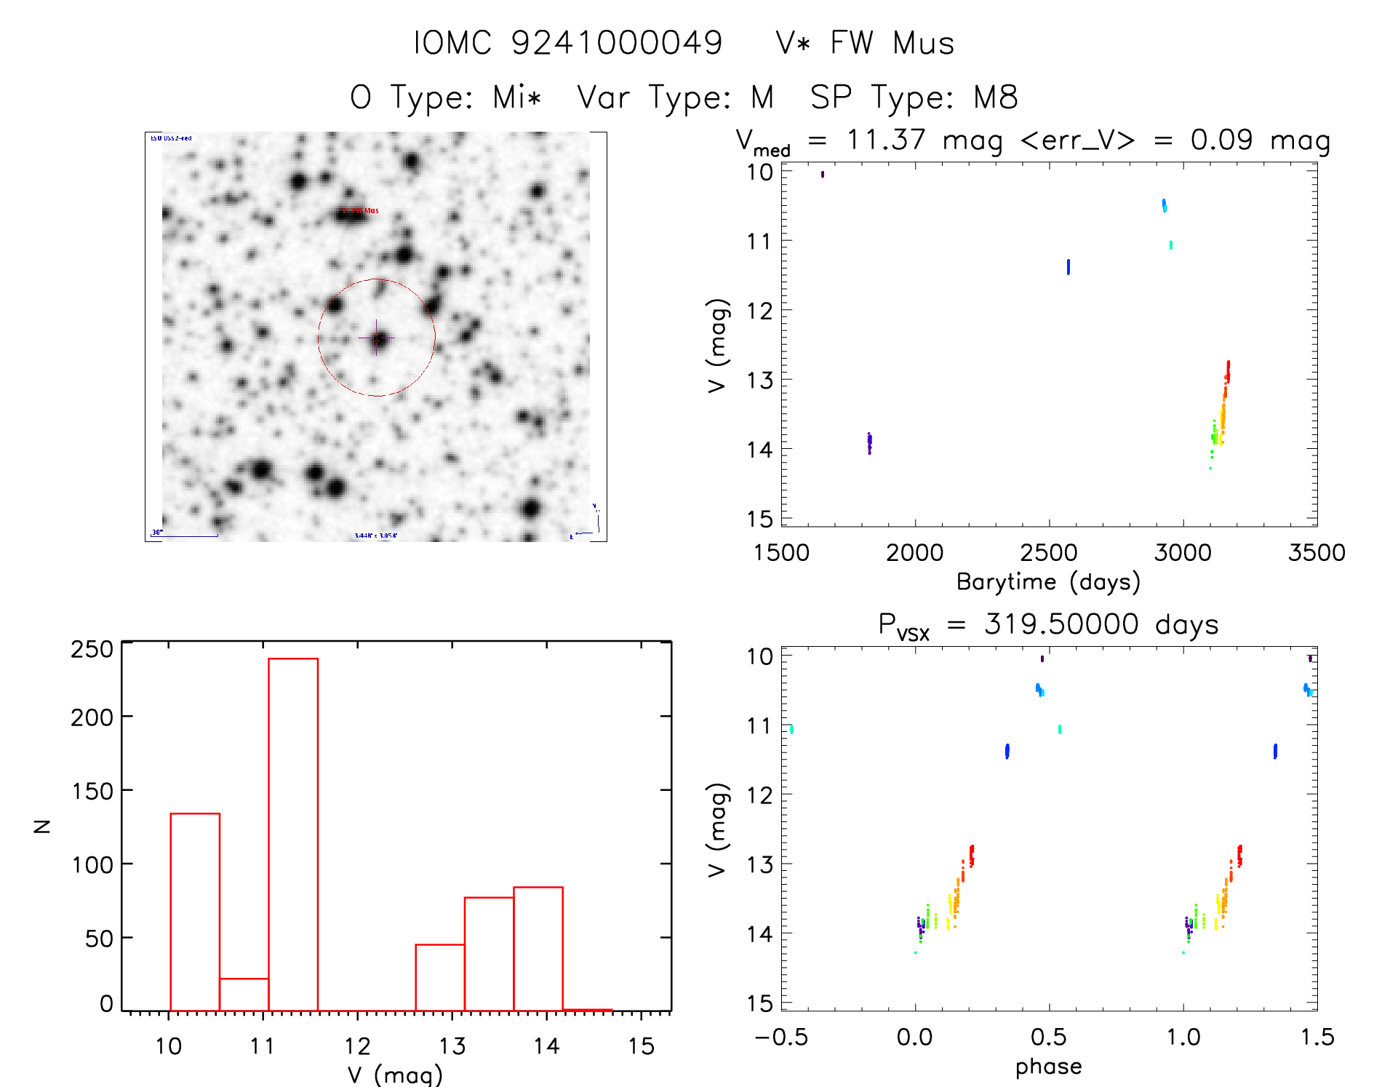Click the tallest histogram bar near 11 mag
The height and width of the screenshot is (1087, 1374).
pyautogui.click(x=293, y=835)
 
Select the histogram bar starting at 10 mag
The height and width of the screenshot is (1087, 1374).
pyautogui.click(x=195, y=912)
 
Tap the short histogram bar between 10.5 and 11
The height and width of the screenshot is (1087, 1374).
pyautogui.click(x=244, y=994)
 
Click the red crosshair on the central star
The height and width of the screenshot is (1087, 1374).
pyautogui.click(x=376, y=338)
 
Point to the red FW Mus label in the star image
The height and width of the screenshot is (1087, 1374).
pyautogui.click(x=362, y=211)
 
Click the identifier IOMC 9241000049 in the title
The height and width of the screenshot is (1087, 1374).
pyautogui.click(x=568, y=43)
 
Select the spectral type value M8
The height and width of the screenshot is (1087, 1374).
pyautogui.click(x=996, y=97)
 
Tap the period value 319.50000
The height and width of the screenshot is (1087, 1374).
pyautogui.click(x=1061, y=624)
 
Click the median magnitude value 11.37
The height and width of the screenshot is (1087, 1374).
pyautogui.click(x=886, y=140)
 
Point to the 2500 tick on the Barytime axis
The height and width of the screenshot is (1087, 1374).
pyautogui.click(x=1049, y=553)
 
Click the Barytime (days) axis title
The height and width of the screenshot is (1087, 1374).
pyautogui.click(x=1048, y=582)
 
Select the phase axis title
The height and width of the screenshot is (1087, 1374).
pyautogui.click(x=1048, y=1067)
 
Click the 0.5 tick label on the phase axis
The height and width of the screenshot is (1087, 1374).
pyautogui.click(x=1049, y=1038)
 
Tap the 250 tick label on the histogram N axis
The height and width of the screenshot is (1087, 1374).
pyautogui.click(x=92, y=649)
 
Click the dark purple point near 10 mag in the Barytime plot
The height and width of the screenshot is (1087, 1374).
pyautogui.click(x=823, y=175)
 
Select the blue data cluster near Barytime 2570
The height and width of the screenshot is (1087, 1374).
pyautogui.click(x=1069, y=267)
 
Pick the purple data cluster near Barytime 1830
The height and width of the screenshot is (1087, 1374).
pyautogui.click(x=869, y=442)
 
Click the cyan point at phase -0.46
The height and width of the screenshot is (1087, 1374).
pyautogui.click(x=791, y=729)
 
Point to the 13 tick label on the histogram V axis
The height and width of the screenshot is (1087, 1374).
pyautogui.click(x=452, y=1046)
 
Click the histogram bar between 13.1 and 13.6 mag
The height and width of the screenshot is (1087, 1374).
pyautogui.click(x=489, y=954)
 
